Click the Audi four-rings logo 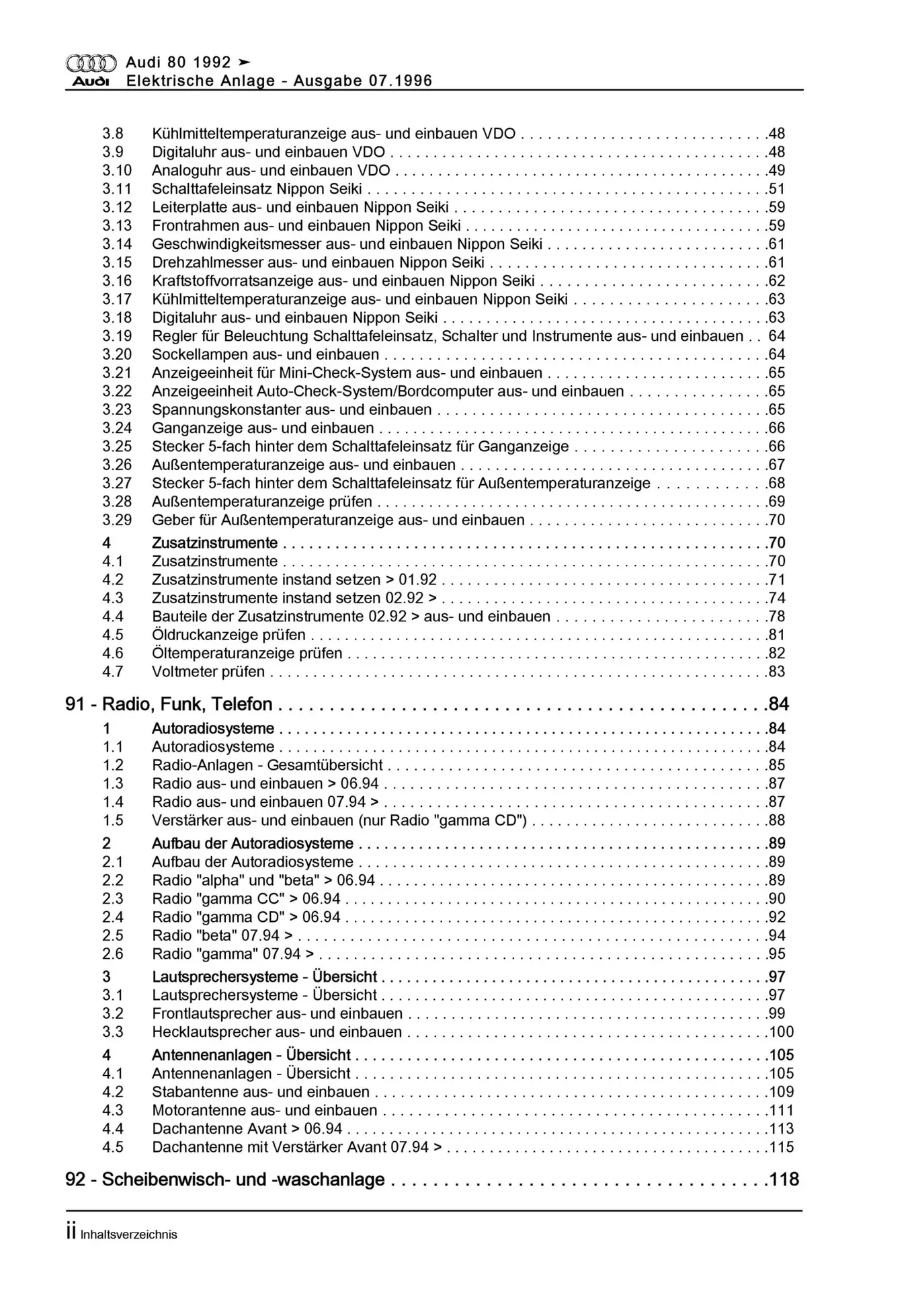tap(91, 64)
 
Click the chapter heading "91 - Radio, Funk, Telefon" tap(169, 704)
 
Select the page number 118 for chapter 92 tap(784, 1179)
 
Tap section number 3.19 tap(117, 336)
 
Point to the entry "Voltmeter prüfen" tap(208, 672)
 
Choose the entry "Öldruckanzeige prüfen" tap(229, 635)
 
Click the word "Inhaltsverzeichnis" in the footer tap(128, 1235)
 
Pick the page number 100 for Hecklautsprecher tap(782, 1032)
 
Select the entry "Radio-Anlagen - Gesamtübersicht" tap(267, 765)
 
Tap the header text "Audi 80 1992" tap(178, 63)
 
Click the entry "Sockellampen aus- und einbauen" tap(265, 354)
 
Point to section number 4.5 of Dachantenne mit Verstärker tap(113, 1147)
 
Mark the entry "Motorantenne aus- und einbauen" tap(264, 1111)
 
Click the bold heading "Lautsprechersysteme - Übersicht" tap(264, 977)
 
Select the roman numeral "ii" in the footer tap(71, 1233)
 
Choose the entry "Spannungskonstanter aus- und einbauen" tap(292, 409)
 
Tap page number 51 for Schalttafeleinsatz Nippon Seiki tap(777, 189)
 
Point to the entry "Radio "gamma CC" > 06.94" tap(246, 899)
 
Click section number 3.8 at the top tap(113, 134)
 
